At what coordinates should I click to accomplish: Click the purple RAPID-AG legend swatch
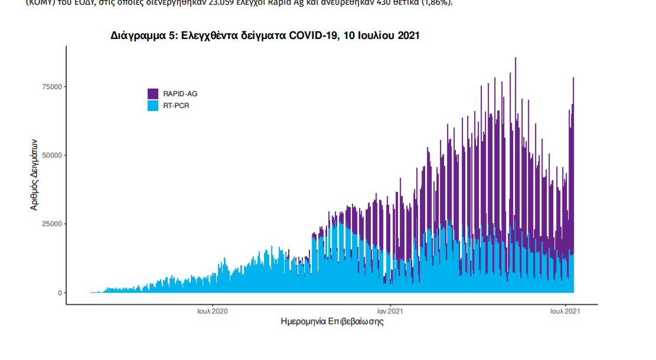pos(153,93)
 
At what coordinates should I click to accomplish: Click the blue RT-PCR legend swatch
pos(153,106)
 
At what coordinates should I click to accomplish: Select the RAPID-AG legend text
pos(180,94)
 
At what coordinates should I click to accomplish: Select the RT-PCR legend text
pos(176,106)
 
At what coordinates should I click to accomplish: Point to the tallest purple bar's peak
pos(515,58)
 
